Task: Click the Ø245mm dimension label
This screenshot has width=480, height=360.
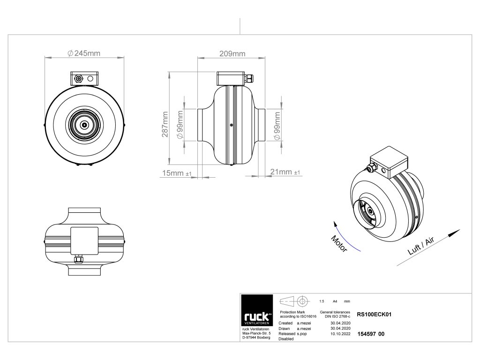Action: click(x=84, y=53)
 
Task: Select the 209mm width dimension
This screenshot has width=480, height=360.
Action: click(x=232, y=54)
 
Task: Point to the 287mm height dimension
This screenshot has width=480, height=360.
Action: click(x=165, y=125)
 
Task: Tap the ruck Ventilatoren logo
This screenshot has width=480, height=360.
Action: click(x=257, y=319)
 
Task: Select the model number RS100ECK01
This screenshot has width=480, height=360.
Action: click(x=374, y=315)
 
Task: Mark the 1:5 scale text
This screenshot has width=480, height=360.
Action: click(x=322, y=301)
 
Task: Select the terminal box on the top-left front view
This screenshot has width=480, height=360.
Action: click(x=85, y=79)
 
